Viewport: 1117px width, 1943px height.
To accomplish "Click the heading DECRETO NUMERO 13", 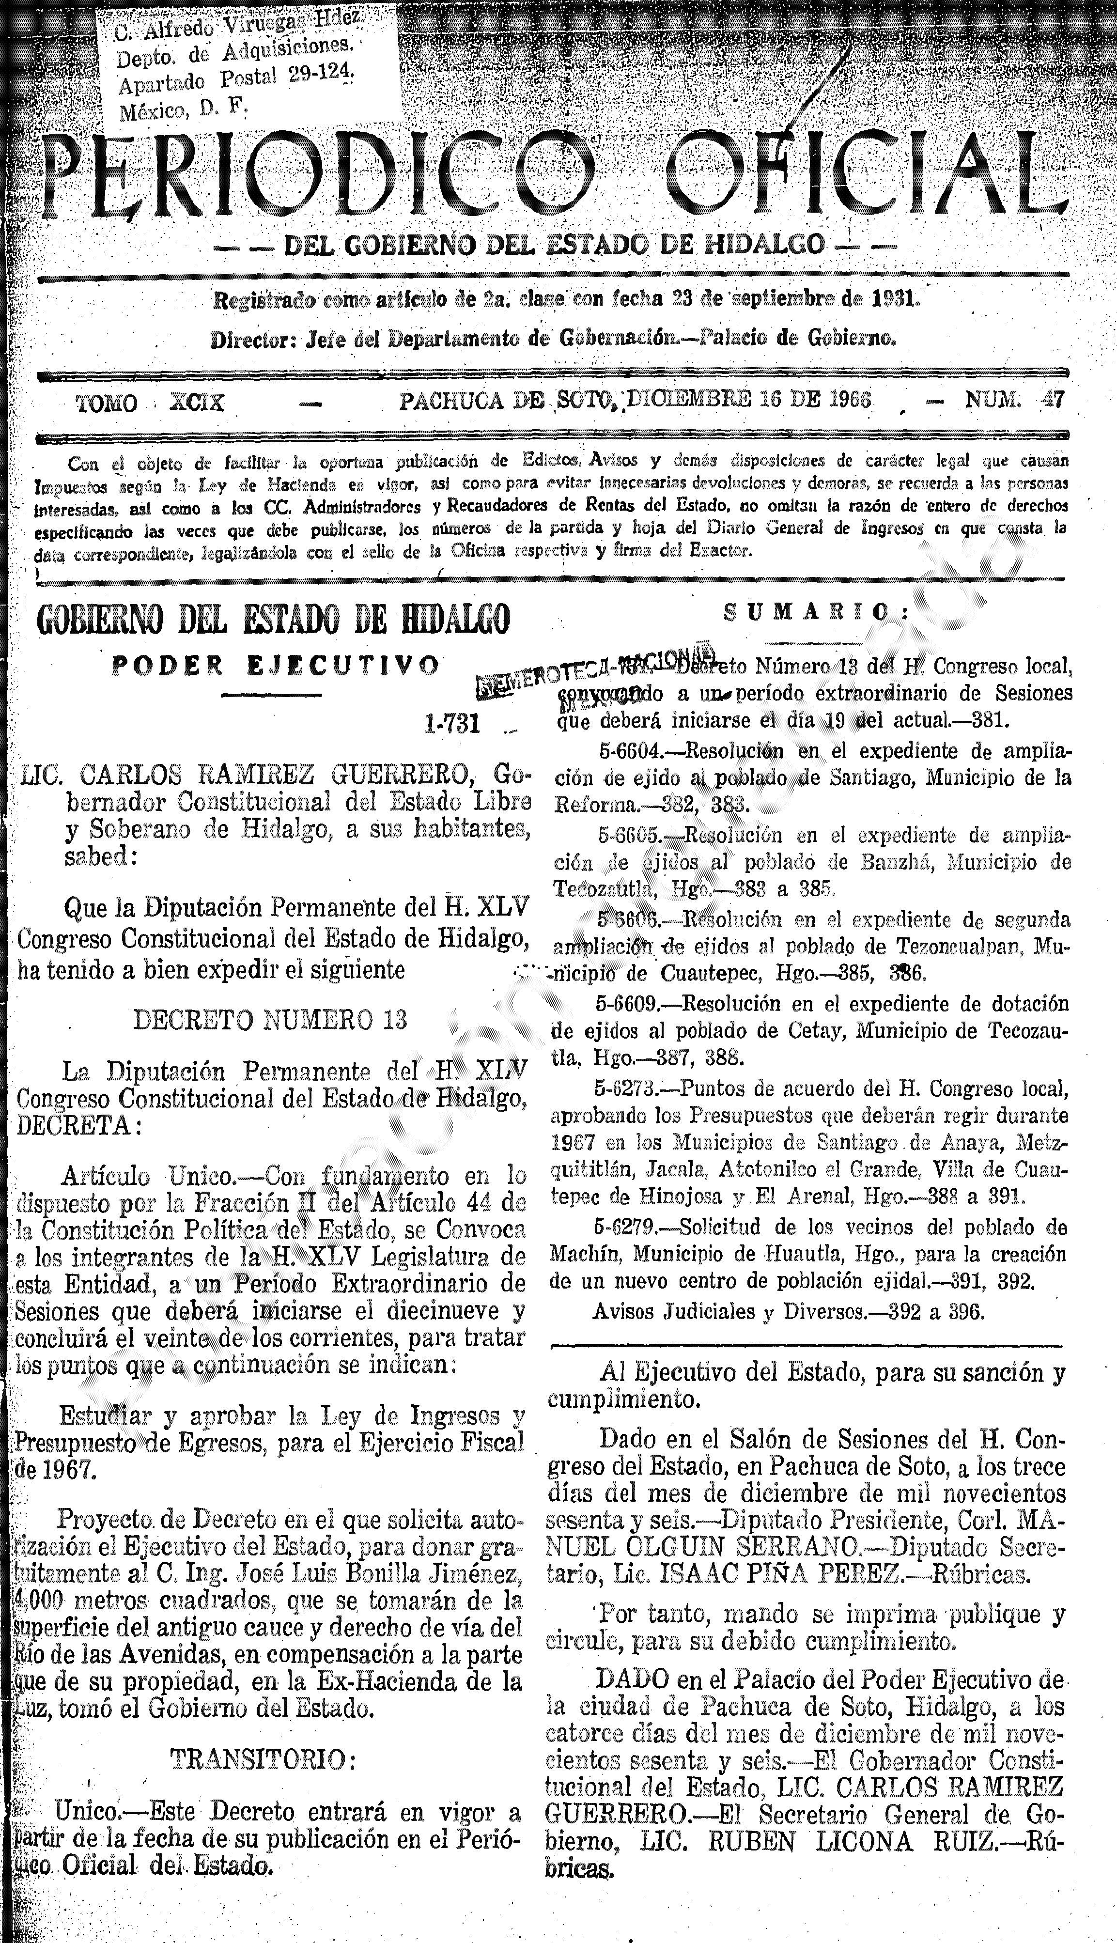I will [x=270, y=1020].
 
